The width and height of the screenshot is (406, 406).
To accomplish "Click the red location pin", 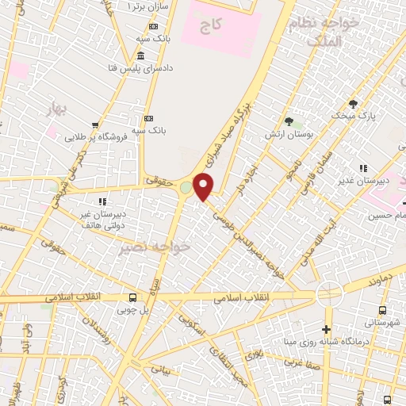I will [204, 186].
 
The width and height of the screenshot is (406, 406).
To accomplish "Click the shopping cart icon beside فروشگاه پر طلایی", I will [95, 124].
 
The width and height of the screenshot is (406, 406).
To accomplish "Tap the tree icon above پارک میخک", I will [354, 104].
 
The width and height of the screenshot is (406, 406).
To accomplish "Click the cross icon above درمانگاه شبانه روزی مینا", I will [327, 330].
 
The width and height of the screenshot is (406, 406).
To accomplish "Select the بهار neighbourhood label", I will [55, 105].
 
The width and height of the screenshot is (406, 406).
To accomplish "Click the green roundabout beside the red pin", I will [186, 188].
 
